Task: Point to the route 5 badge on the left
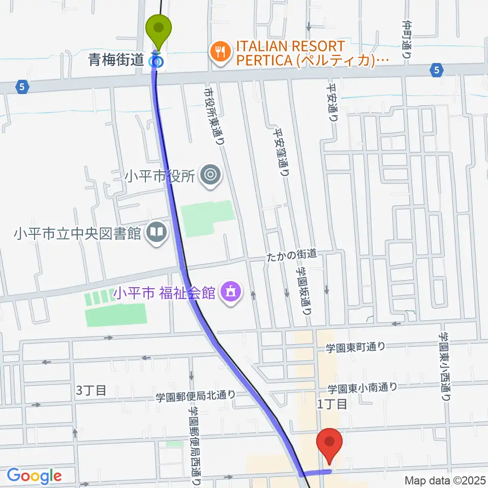21,87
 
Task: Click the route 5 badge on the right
437,71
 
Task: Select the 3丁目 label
91,390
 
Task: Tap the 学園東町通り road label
355,347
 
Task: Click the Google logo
34,476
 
